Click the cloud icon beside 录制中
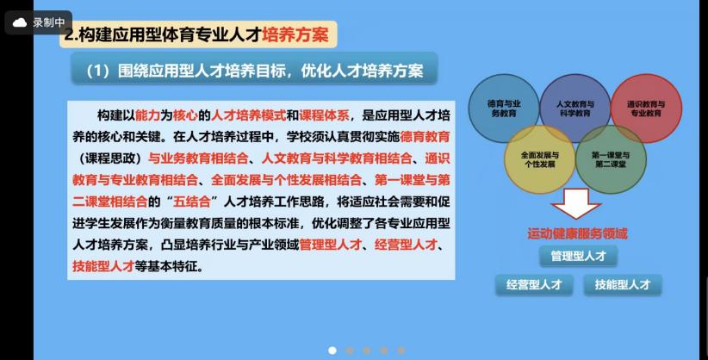pyautogui.click(x=20, y=22)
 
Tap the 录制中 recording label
pyautogui.click(x=49, y=22)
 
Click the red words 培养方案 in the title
pyautogui.click(x=295, y=34)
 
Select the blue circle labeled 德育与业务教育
pyautogui.click(x=504, y=109)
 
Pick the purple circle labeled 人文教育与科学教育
pyautogui.click(x=574, y=109)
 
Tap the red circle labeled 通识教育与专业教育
pyautogui.click(x=646, y=109)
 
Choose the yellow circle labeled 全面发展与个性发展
pyautogui.click(x=539, y=159)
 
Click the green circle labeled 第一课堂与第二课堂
pyautogui.click(x=611, y=159)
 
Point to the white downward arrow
pyautogui.click(x=576, y=203)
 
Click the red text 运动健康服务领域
pyautogui.click(x=577, y=233)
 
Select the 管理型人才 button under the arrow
pyautogui.click(x=578, y=257)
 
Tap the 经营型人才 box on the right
pyautogui.click(x=534, y=285)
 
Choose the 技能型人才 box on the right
pyautogui.click(x=623, y=285)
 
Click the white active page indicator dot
pyautogui.click(x=332, y=351)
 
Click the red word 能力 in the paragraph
pyautogui.click(x=147, y=115)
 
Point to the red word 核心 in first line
pyautogui.click(x=185, y=115)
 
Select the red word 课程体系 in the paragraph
pyautogui.click(x=324, y=115)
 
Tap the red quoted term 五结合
pyautogui.click(x=192, y=202)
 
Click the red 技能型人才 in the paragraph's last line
pyautogui.click(x=103, y=266)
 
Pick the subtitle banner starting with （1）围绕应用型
pyautogui.click(x=254, y=71)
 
